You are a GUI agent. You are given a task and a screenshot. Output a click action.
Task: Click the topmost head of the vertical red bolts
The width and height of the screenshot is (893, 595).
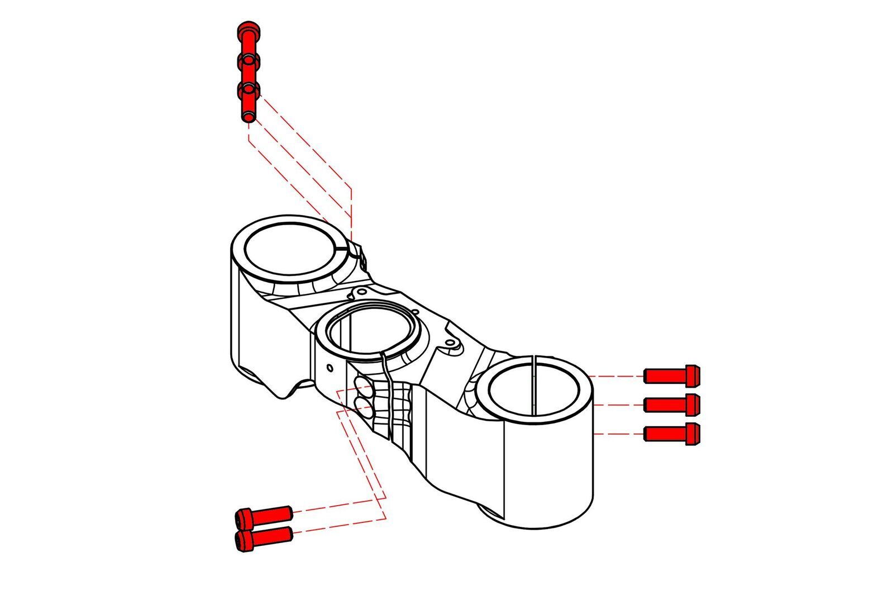pos(247,28)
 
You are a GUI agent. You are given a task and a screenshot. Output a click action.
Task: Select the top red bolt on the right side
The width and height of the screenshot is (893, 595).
pos(672,375)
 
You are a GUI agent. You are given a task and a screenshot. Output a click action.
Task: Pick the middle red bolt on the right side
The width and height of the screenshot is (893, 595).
pos(672,404)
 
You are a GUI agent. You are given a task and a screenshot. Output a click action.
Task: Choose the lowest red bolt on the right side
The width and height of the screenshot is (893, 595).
pos(672,434)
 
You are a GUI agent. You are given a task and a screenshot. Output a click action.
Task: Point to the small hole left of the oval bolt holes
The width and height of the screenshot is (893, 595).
pos(330,368)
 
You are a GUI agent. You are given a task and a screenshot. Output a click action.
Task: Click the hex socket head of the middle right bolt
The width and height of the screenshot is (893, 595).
pos(693,404)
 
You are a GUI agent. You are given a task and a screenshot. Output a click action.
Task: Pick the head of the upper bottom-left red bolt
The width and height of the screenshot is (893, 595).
pos(244,518)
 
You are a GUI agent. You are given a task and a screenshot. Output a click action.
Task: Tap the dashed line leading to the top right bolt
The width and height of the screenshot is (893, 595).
pos(617,376)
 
